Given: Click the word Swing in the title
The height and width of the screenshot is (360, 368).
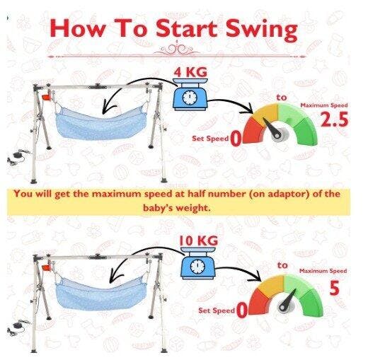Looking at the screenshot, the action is [261, 30].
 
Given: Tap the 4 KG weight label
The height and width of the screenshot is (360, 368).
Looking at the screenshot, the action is [190, 72].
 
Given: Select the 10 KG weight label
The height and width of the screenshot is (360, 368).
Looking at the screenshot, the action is [198, 240].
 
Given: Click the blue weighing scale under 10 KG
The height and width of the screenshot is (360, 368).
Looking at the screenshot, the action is [197, 263].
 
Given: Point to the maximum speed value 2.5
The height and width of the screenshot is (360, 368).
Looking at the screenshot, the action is [334, 120].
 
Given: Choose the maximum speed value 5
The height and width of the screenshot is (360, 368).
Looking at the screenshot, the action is [335, 288].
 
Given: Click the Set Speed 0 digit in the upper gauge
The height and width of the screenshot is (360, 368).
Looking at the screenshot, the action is [236, 139].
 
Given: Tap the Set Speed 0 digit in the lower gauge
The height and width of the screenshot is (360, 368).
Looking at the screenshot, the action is [242, 310].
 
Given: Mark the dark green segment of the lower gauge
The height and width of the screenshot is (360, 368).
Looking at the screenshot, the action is [312, 303].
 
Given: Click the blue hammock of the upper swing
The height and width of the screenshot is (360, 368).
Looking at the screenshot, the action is [100, 124].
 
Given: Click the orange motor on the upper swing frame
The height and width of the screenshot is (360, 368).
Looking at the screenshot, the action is [47, 97].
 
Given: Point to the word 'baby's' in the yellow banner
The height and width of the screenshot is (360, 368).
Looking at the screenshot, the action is [158, 208].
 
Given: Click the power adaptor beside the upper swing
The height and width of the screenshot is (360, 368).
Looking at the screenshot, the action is [18, 157].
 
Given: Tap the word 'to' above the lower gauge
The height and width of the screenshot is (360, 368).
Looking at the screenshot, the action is [282, 265].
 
